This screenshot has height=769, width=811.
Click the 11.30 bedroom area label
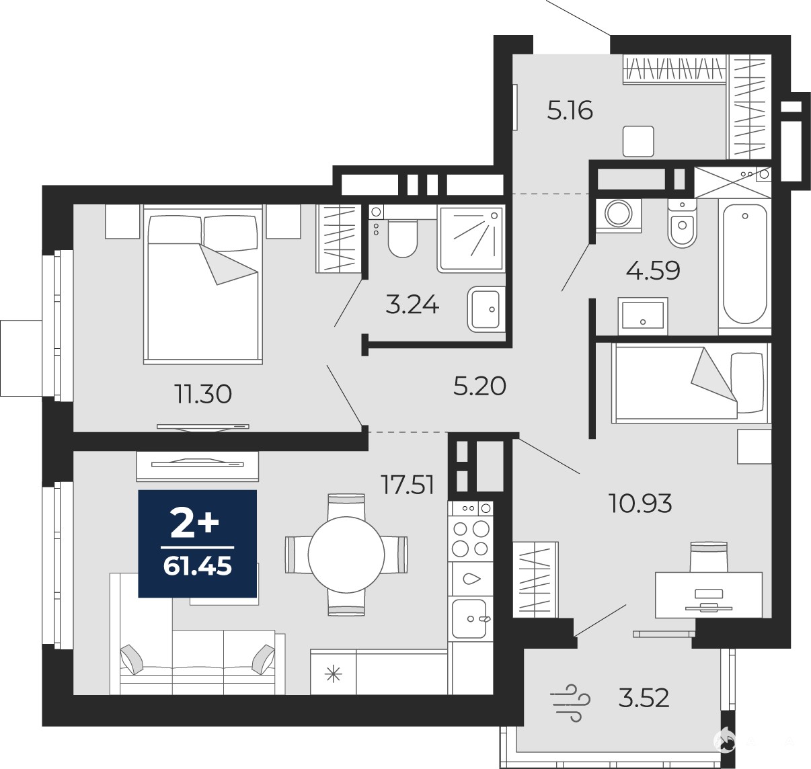[203, 394]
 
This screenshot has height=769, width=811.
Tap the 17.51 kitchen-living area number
[408, 485]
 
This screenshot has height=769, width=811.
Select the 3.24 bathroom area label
[412, 306]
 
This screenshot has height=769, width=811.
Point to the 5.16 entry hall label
[570, 110]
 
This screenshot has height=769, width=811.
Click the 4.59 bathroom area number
[653, 271]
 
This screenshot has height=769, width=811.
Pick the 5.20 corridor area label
[479, 387]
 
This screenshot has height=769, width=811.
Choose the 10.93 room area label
[640, 503]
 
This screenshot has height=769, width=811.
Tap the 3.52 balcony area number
[644, 698]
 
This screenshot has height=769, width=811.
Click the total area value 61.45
[198, 567]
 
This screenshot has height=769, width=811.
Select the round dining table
[346, 555]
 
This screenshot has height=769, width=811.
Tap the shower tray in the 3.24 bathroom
[471, 239]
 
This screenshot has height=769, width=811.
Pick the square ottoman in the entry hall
[638, 141]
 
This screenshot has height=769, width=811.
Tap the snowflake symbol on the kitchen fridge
[333, 675]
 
